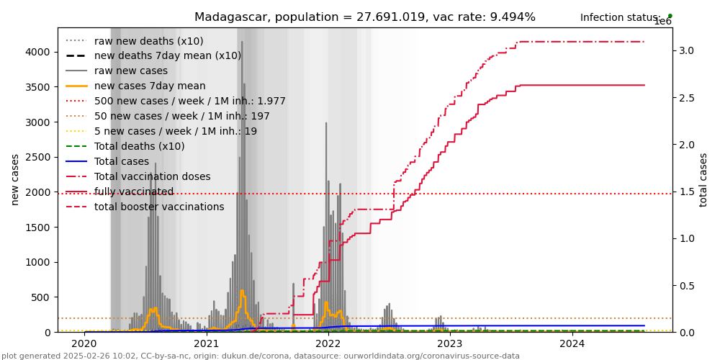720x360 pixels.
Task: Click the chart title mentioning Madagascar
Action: coord(364,17)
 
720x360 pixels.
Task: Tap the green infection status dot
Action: coord(670,15)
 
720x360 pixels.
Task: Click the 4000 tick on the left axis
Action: coord(40,52)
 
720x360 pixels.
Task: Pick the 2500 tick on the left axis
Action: coord(40,157)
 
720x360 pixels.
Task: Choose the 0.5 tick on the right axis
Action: coord(685,286)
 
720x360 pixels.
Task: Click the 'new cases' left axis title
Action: coord(15,180)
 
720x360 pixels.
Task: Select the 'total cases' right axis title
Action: coord(703,180)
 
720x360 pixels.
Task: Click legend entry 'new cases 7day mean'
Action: coord(150,86)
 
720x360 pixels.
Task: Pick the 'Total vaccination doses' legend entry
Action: coord(153,177)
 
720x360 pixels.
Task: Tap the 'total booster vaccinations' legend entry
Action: coord(159,207)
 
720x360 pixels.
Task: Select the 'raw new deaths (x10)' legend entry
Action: coord(148,41)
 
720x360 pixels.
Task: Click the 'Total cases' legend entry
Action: coord(122,162)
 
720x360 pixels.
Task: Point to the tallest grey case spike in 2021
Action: coord(242,43)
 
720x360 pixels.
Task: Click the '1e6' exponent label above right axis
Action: coord(662,22)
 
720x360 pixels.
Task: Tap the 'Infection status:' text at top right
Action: coord(620,18)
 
